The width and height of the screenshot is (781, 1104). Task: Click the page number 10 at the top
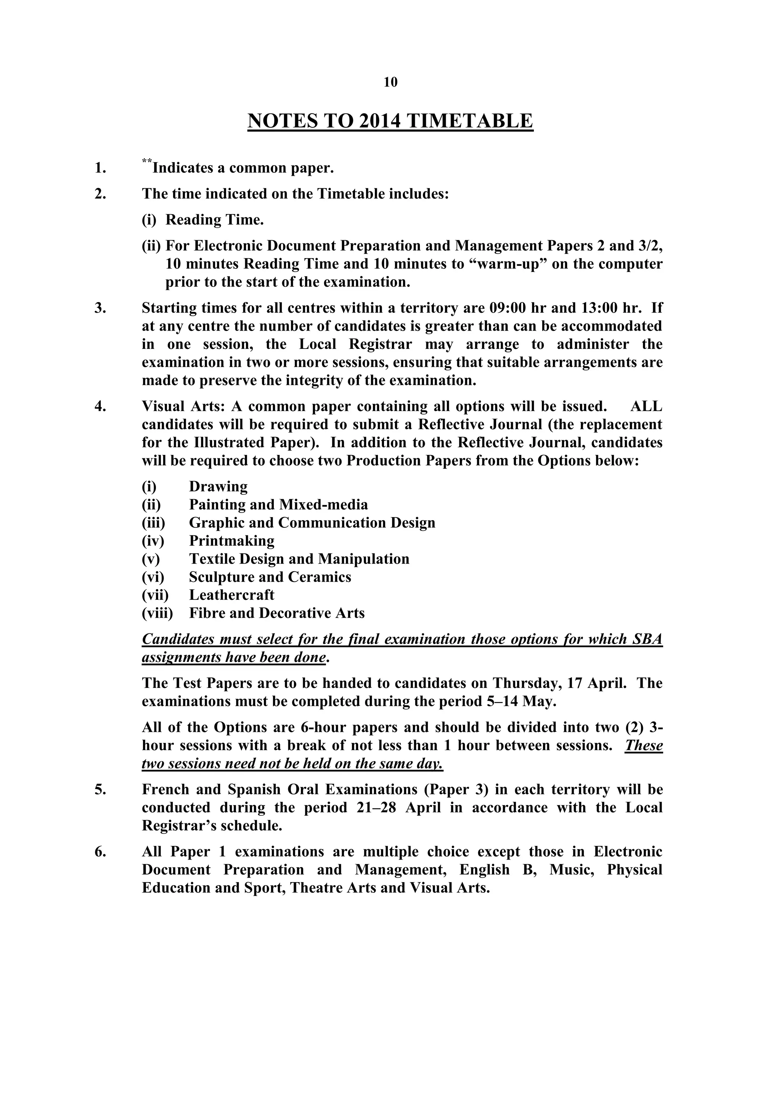390,82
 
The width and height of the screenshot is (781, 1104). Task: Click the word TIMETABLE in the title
469,121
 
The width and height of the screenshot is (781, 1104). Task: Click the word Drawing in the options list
219,486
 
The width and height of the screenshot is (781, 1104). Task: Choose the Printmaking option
231,540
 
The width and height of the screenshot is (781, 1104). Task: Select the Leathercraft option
231,595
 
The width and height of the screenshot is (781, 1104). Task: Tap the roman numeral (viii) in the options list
157,613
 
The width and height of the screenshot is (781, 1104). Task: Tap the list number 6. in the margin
100,852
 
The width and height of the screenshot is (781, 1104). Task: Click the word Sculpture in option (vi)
220,577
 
